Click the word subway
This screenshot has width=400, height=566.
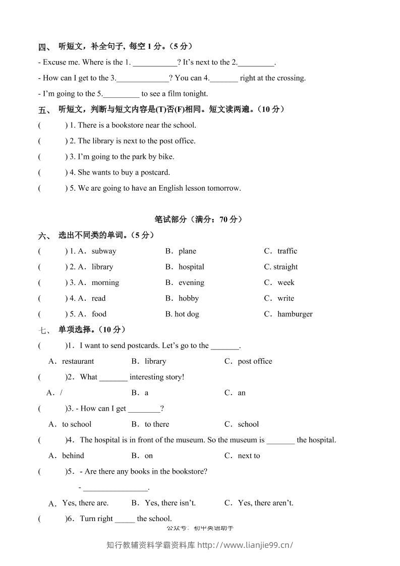point(104,251)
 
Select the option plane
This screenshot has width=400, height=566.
point(187,251)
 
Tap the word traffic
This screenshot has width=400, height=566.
point(288,251)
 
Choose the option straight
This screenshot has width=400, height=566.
point(285,267)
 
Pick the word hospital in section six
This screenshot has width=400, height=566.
point(191,267)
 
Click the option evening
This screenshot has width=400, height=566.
point(191,282)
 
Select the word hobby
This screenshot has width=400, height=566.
point(189,299)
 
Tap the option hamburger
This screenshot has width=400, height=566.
point(295,314)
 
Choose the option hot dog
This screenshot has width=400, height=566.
point(187,314)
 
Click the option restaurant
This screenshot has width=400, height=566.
point(78,361)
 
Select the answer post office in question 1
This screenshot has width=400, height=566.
point(255,361)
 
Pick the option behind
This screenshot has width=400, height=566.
point(73,456)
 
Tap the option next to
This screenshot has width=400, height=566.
point(249,456)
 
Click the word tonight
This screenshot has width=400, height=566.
point(195,94)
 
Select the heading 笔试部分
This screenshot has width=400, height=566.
point(171,219)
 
